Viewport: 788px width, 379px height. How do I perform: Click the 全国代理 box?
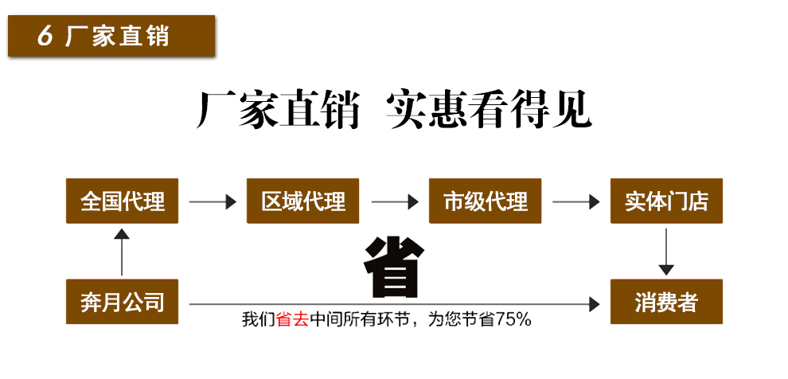click(122, 201)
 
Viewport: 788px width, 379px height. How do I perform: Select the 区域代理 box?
click(303, 201)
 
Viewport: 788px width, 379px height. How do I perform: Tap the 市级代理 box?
click(486, 201)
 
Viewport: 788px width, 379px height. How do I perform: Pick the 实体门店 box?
click(666, 201)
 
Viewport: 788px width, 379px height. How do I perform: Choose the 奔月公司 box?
click(122, 302)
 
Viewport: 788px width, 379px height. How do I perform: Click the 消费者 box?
click(666, 302)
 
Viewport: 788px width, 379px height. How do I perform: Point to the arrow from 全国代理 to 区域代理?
click(213, 202)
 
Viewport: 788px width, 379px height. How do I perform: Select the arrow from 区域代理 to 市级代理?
click(395, 202)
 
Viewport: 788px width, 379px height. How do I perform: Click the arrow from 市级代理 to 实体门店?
click(575, 202)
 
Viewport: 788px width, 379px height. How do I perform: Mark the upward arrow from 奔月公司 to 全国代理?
click(121, 251)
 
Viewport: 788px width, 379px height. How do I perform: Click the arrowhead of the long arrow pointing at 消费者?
click(593, 303)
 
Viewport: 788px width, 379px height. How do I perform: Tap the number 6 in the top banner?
click(45, 37)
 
